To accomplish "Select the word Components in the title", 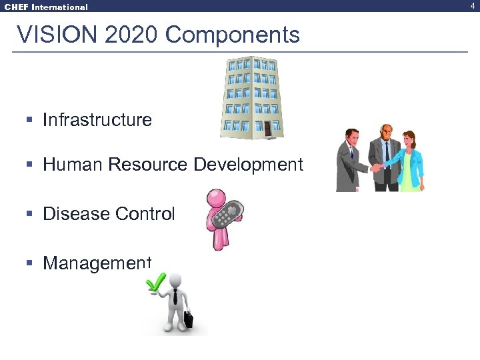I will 233,35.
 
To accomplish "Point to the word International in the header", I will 61,7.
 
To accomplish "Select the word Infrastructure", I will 97,120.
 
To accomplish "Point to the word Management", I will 97,263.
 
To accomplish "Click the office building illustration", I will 251,97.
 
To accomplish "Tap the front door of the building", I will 267,128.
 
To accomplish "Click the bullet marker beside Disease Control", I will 29,214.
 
